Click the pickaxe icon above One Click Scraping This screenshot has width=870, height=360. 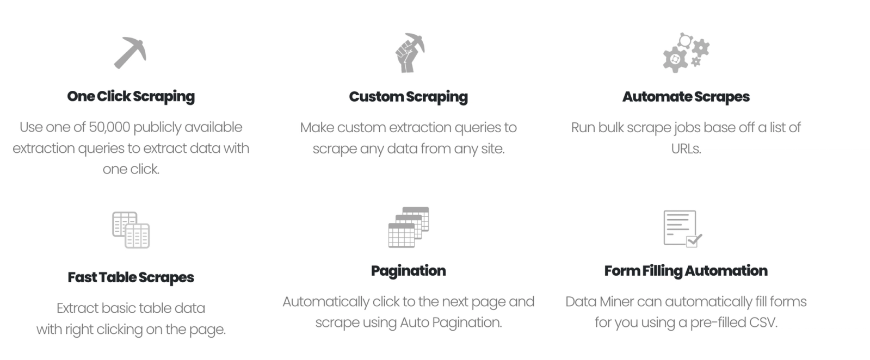tap(130, 52)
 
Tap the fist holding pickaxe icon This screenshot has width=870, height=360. tap(409, 53)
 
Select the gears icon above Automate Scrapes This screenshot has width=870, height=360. tap(686, 53)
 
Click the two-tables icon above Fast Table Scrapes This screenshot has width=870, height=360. tap(131, 229)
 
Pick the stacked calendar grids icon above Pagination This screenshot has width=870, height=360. tap(409, 227)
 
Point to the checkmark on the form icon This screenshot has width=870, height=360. tap(694, 239)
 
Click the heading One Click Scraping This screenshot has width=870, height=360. tap(131, 96)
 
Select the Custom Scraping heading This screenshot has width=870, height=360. tap(408, 97)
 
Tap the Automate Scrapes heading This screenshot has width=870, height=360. tap(686, 97)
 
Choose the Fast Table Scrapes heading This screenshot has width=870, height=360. tap(131, 277)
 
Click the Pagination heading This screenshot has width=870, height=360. tap(408, 271)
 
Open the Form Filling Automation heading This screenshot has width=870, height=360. tap(686, 271)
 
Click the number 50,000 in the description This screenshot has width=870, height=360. tap(109, 127)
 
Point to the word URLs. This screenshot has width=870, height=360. tap(686, 148)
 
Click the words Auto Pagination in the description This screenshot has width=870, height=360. tap(451, 322)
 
